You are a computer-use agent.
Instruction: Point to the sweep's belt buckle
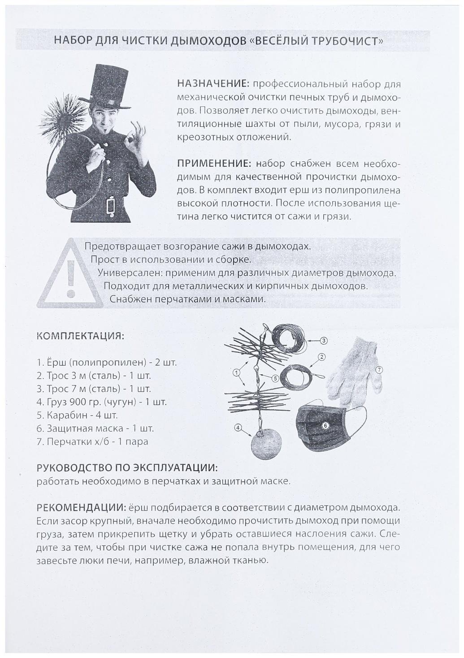(110, 207)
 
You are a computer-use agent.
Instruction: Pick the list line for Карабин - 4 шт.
(77, 415)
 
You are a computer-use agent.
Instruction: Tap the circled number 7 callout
(379, 370)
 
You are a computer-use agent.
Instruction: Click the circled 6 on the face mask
(326, 424)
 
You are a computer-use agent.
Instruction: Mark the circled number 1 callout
(237, 372)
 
